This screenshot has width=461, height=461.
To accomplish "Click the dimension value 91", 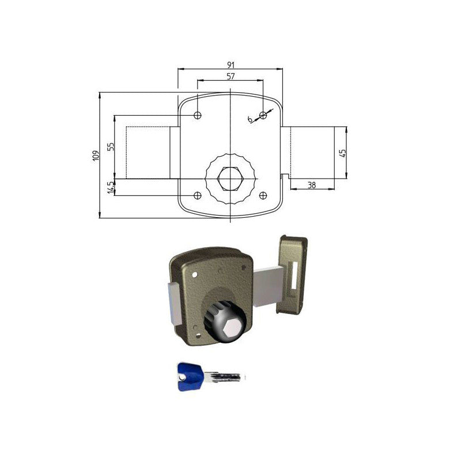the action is point(231,65).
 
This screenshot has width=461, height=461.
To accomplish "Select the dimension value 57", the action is point(231,76).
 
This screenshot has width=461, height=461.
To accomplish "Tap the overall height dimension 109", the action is point(96,155).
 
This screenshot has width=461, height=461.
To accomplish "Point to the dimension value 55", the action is point(111,147).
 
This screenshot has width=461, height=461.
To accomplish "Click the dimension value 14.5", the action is point(111,187).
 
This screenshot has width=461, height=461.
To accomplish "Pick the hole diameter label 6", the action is point(250,119).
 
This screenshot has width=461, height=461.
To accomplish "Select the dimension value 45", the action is point(343,153).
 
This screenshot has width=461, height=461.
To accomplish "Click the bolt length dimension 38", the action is point(312,185).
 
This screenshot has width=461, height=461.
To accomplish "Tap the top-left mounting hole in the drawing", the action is point(198,115).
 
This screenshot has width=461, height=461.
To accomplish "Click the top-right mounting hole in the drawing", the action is point(263,115).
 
